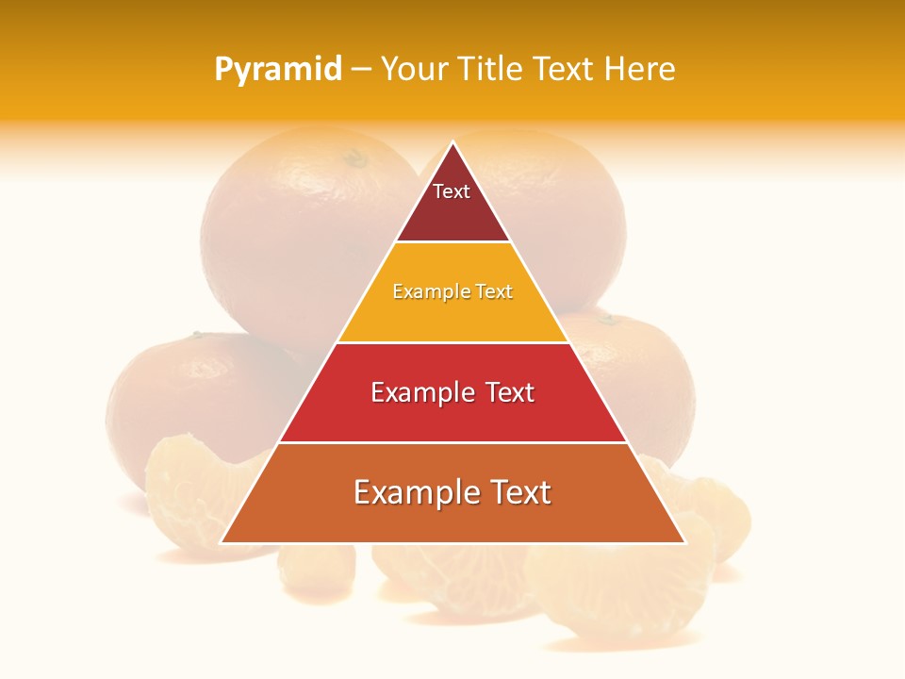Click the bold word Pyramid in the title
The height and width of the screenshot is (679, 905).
point(277,70)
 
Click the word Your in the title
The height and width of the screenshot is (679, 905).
point(413,70)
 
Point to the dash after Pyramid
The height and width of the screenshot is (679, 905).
point(360,70)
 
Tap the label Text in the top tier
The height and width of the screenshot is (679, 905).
point(452,191)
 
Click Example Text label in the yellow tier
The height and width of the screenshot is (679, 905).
point(452,291)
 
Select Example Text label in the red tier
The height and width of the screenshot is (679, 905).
point(452,392)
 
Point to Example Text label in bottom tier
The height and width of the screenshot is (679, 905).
point(452,492)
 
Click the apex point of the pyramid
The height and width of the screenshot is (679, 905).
point(452,142)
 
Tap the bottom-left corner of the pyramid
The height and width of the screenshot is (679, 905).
point(222,542)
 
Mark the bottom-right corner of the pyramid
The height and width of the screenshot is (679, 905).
point(683,542)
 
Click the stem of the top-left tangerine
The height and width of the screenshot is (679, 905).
point(356,157)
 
